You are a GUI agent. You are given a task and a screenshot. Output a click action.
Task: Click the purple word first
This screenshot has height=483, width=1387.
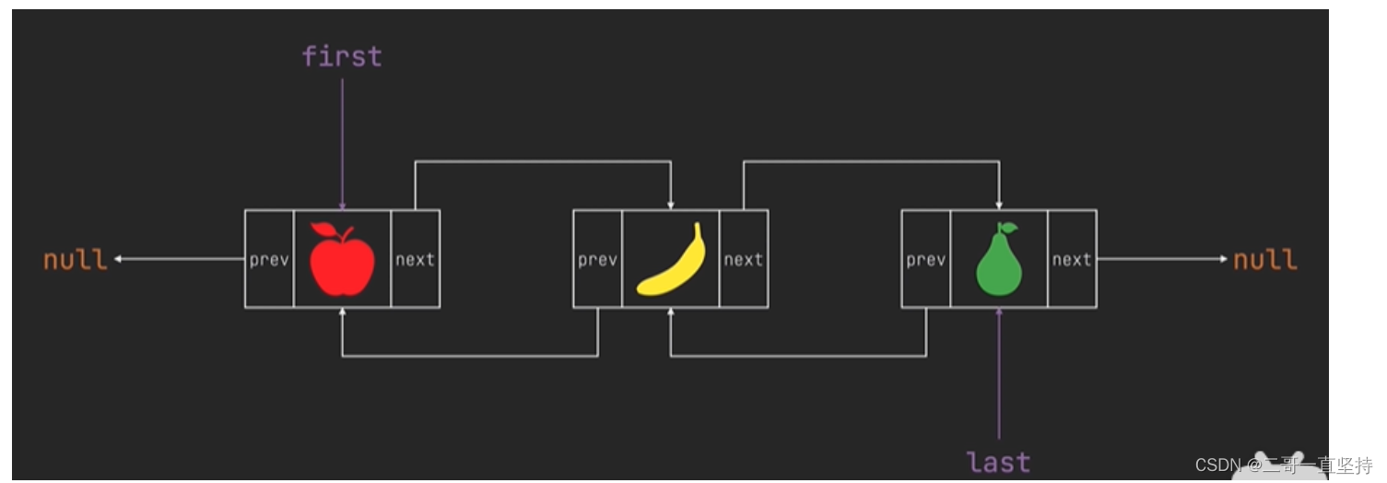click(342, 56)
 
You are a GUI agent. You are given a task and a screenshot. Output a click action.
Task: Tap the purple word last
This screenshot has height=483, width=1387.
click(999, 462)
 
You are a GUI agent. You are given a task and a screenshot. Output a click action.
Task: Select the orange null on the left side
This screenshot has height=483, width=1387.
click(76, 260)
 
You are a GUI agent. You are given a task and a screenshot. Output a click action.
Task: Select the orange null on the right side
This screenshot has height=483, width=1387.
click(1265, 260)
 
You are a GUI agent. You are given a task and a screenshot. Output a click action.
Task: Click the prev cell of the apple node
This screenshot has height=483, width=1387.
click(269, 260)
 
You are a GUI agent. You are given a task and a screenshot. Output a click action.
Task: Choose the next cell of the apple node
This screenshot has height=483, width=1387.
click(415, 260)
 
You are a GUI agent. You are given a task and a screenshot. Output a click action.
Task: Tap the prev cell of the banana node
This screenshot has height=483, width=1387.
click(597, 260)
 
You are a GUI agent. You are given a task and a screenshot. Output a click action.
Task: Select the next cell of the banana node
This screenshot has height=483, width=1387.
click(743, 260)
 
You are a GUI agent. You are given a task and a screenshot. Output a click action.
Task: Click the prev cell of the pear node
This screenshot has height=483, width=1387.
click(925, 260)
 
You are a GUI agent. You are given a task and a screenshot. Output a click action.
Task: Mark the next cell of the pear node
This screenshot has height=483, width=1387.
click(1072, 260)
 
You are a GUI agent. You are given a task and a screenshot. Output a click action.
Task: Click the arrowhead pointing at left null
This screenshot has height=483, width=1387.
click(119, 259)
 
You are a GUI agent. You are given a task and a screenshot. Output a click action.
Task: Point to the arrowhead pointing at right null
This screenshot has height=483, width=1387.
click(1224, 259)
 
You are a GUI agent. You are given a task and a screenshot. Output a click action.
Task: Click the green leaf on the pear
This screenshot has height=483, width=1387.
click(1008, 227)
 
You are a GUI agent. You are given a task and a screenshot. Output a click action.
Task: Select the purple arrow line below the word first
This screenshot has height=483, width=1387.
click(342, 138)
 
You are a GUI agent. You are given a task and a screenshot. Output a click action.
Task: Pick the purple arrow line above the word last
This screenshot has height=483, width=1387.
click(999, 378)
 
